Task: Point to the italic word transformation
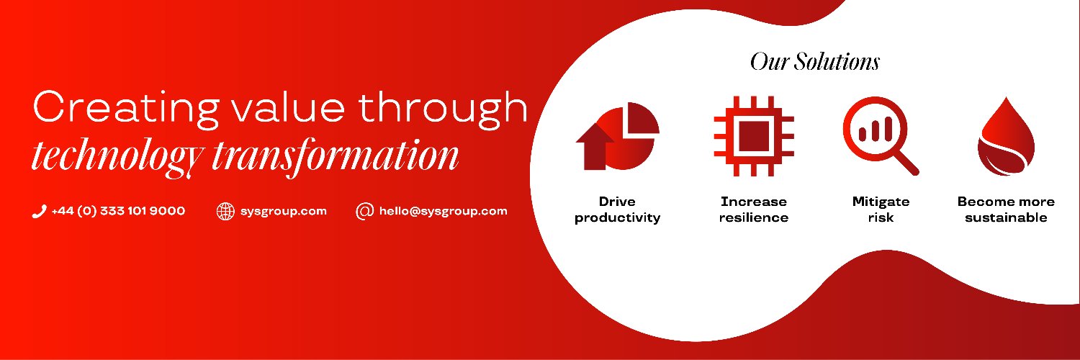pyautogui.click(x=335, y=153)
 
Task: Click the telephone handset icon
pyautogui.click(x=39, y=212)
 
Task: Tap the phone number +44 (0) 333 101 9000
pyautogui.click(x=118, y=211)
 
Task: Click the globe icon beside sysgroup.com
pyautogui.click(x=226, y=212)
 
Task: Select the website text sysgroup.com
pyautogui.click(x=284, y=212)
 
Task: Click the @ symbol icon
pyautogui.click(x=365, y=211)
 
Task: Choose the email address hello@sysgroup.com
pyautogui.click(x=444, y=211)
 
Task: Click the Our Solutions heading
pyautogui.click(x=814, y=61)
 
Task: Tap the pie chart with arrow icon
pyautogui.click(x=618, y=136)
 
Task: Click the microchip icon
pyautogui.click(x=753, y=137)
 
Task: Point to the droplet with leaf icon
pyautogui.click(x=1005, y=137)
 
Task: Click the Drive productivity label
pyautogui.click(x=618, y=210)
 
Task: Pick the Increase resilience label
pyautogui.click(x=753, y=210)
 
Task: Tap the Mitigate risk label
pyautogui.click(x=881, y=210)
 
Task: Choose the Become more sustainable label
pyautogui.click(x=1006, y=210)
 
